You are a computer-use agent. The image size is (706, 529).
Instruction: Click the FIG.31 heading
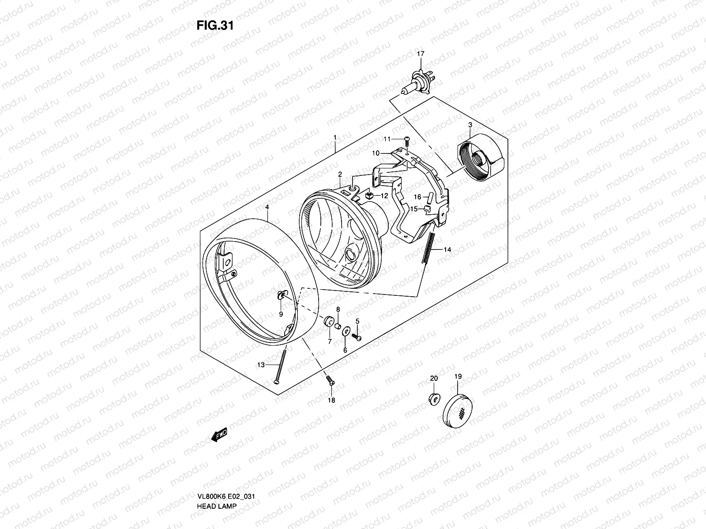pyautogui.click(x=214, y=26)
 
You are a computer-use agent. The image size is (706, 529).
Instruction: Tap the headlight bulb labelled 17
pyautogui.click(x=420, y=82)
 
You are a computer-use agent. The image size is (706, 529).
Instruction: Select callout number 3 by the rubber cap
pyautogui.click(x=470, y=125)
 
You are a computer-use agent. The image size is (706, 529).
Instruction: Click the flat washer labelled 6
pyautogui.click(x=347, y=331)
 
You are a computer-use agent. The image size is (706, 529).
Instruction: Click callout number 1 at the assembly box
pyautogui.click(x=335, y=138)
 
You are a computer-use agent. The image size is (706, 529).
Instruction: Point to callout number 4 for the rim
pyautogui.click(x=267, y=207)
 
